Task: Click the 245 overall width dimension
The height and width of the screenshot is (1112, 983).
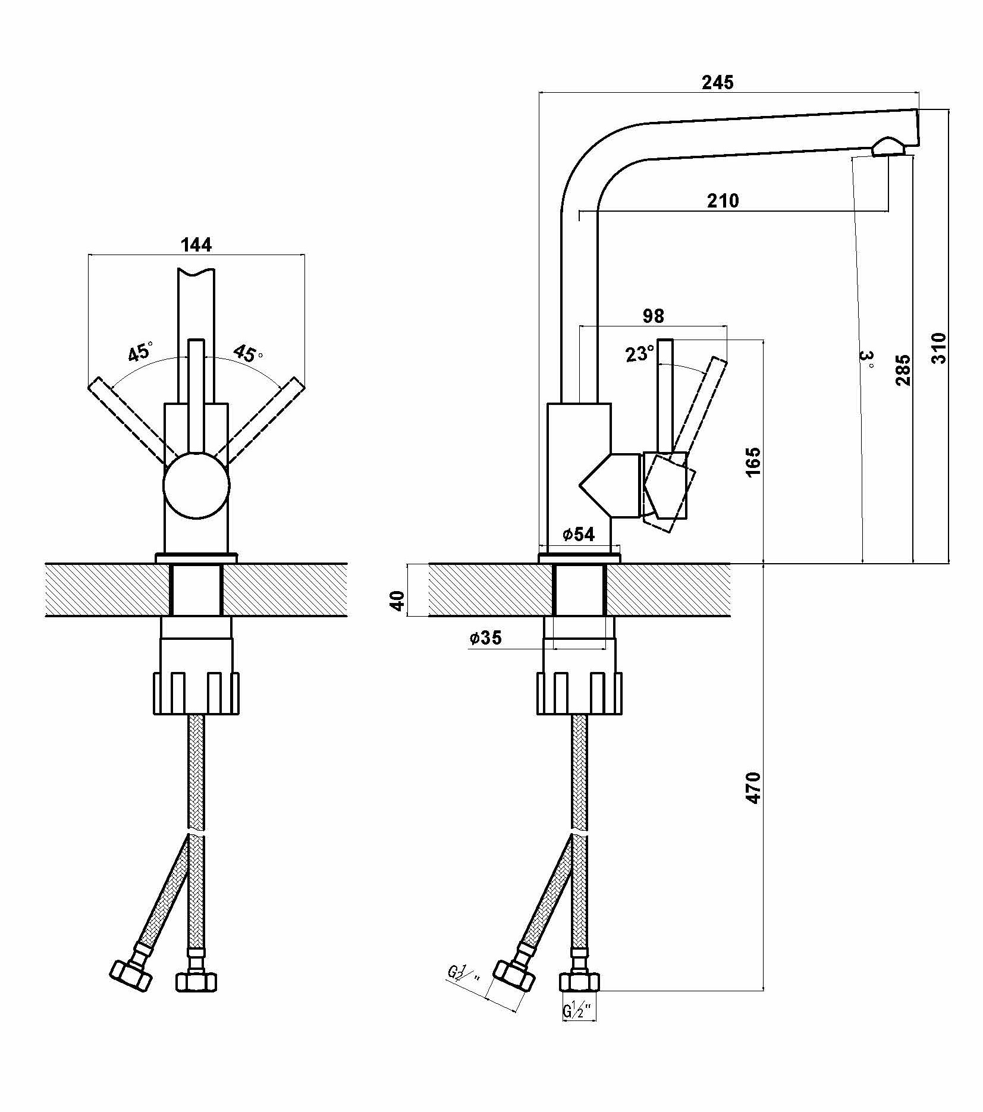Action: coord(718,82)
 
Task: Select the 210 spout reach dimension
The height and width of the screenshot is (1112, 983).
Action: coord(723,201)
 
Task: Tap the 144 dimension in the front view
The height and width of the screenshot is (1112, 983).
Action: coord(196,244)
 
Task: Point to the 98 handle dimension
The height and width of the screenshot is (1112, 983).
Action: coord(653,316)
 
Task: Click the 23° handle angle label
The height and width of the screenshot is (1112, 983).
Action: coord(639,354)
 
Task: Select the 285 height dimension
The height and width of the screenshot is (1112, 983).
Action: coord(903,370)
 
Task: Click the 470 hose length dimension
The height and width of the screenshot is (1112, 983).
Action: coord(753,789)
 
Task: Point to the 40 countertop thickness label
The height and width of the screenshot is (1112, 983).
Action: coord(398,601)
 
